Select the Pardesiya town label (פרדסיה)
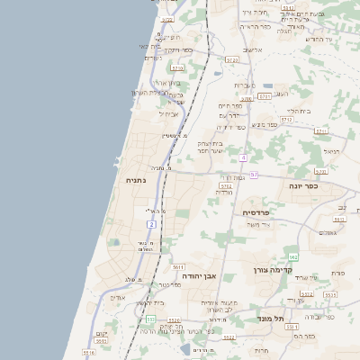(262, 212)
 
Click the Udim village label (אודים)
(117, 297)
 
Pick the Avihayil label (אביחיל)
(169, 113)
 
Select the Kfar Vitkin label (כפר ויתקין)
(179, 49)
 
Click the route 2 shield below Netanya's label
(152, 222)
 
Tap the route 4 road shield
(243, 157)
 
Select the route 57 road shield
(255, 175)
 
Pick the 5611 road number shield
(178, 267)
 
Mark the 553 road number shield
(149, 319)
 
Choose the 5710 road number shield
(177, 67)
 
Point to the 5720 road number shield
(232, 59)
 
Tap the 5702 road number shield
(225, 186)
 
